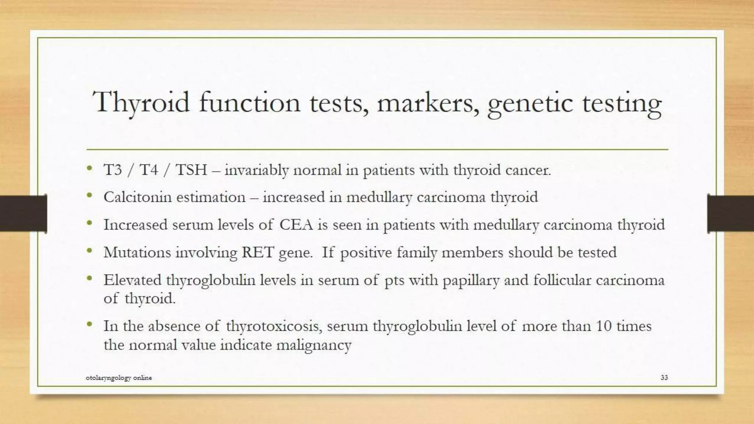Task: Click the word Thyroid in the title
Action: coord(141,102)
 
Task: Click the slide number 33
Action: coord(664,377)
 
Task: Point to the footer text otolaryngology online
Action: coord(119,378)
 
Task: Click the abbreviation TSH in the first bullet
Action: coord(191,170)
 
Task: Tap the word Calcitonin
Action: coord(137,197)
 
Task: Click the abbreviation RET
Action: coord(257,252)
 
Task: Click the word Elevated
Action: coord(133,280)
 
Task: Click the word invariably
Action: coord(256,170)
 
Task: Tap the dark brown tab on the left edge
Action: coord(23,213)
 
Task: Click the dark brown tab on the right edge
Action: coord(730,213)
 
